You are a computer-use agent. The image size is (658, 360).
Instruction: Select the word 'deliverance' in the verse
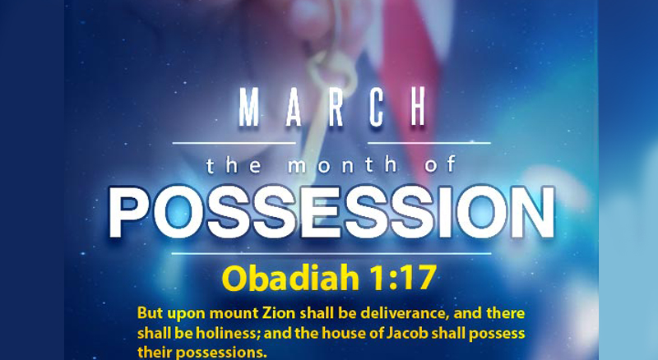(407, 314)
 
